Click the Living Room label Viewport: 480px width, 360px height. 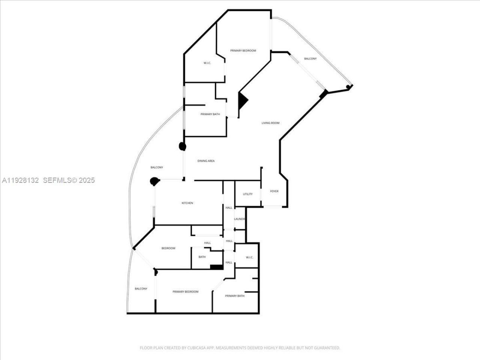(270, 123)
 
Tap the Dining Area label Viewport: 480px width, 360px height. (206, 161)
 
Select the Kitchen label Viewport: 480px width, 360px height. (187, 203)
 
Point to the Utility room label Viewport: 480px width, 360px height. (247, 194)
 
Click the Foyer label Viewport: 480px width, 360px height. (274, 191)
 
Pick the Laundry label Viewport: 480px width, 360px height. (239, 219)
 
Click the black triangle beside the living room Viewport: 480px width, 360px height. (243, 100)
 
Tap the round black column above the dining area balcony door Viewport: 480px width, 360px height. (183, 146)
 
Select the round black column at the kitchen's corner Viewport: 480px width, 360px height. (154, 181)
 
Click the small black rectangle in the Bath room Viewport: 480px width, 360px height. (216, 267)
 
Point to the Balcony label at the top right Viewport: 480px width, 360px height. (310, 58)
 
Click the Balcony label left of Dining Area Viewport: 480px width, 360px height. (156, 167)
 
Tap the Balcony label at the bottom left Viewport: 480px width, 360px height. (141, 289)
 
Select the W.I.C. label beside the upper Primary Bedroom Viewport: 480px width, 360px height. (207, 63)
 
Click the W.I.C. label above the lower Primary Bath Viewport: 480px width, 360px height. (249, 257)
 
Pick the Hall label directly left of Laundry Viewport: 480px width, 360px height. (229, 208)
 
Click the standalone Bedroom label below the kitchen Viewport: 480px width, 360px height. (168, 248)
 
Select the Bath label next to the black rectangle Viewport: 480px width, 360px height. (202, 257)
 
